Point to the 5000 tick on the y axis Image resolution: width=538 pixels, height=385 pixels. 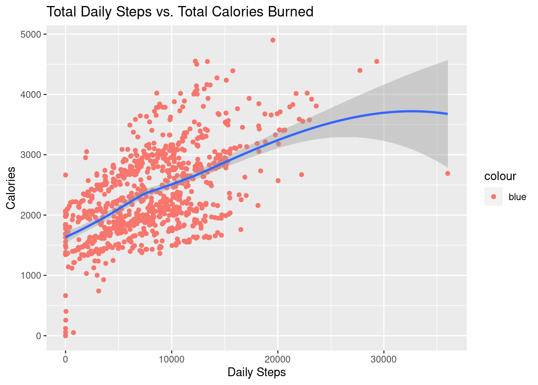(x=31, y=34)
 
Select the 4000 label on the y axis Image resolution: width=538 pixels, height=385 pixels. (x=31, y=95)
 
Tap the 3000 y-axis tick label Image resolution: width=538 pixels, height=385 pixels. (x=31, y=155)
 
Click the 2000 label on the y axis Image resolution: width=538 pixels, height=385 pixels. (x=31, y=215)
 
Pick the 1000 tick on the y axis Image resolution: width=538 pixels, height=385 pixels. (x=31, y=276)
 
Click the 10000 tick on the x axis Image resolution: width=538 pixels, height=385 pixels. (x=172, y=359)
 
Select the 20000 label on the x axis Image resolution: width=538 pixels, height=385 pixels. (x=278, y=359)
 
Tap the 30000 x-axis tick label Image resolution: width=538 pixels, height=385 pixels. (x=384, y=359)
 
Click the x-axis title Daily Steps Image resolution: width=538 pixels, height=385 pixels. (x=257, y=372)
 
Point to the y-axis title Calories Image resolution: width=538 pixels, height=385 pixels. (x=11, y=188)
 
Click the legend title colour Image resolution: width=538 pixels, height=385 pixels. (x=500, y=176)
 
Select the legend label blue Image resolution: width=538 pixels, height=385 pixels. (x=517, y=197)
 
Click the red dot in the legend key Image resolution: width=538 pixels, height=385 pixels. (x=494, y=197)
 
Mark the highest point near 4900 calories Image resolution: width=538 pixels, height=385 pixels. (x=273, y=40)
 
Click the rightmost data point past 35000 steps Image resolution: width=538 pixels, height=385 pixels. (x=448, y=173)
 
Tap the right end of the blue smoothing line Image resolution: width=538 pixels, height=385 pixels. (x=447, y=114)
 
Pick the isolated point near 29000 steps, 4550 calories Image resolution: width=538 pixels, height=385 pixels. (x=377, y=61)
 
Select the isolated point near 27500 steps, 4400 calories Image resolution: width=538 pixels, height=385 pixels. (x=360, y=71)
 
